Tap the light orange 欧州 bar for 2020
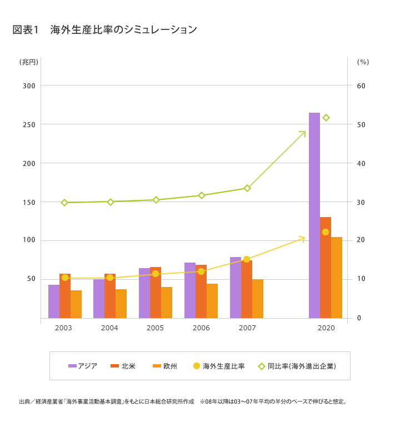point(337,278)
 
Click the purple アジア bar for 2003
point(54,301)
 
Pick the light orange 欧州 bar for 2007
point(258,299)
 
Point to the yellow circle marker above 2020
point(326,232)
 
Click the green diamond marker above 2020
point(326,118)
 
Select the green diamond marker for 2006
point(202,195)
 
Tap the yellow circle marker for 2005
point(156,274)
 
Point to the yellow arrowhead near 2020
point(302,238)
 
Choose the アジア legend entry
point(83,366)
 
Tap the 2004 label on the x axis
point(109,328)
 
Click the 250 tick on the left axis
point(29,124)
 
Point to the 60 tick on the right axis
point(361,85)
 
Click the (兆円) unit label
point(29,62)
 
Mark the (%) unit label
point(363,62)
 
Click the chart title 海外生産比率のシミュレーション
point(123,30)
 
